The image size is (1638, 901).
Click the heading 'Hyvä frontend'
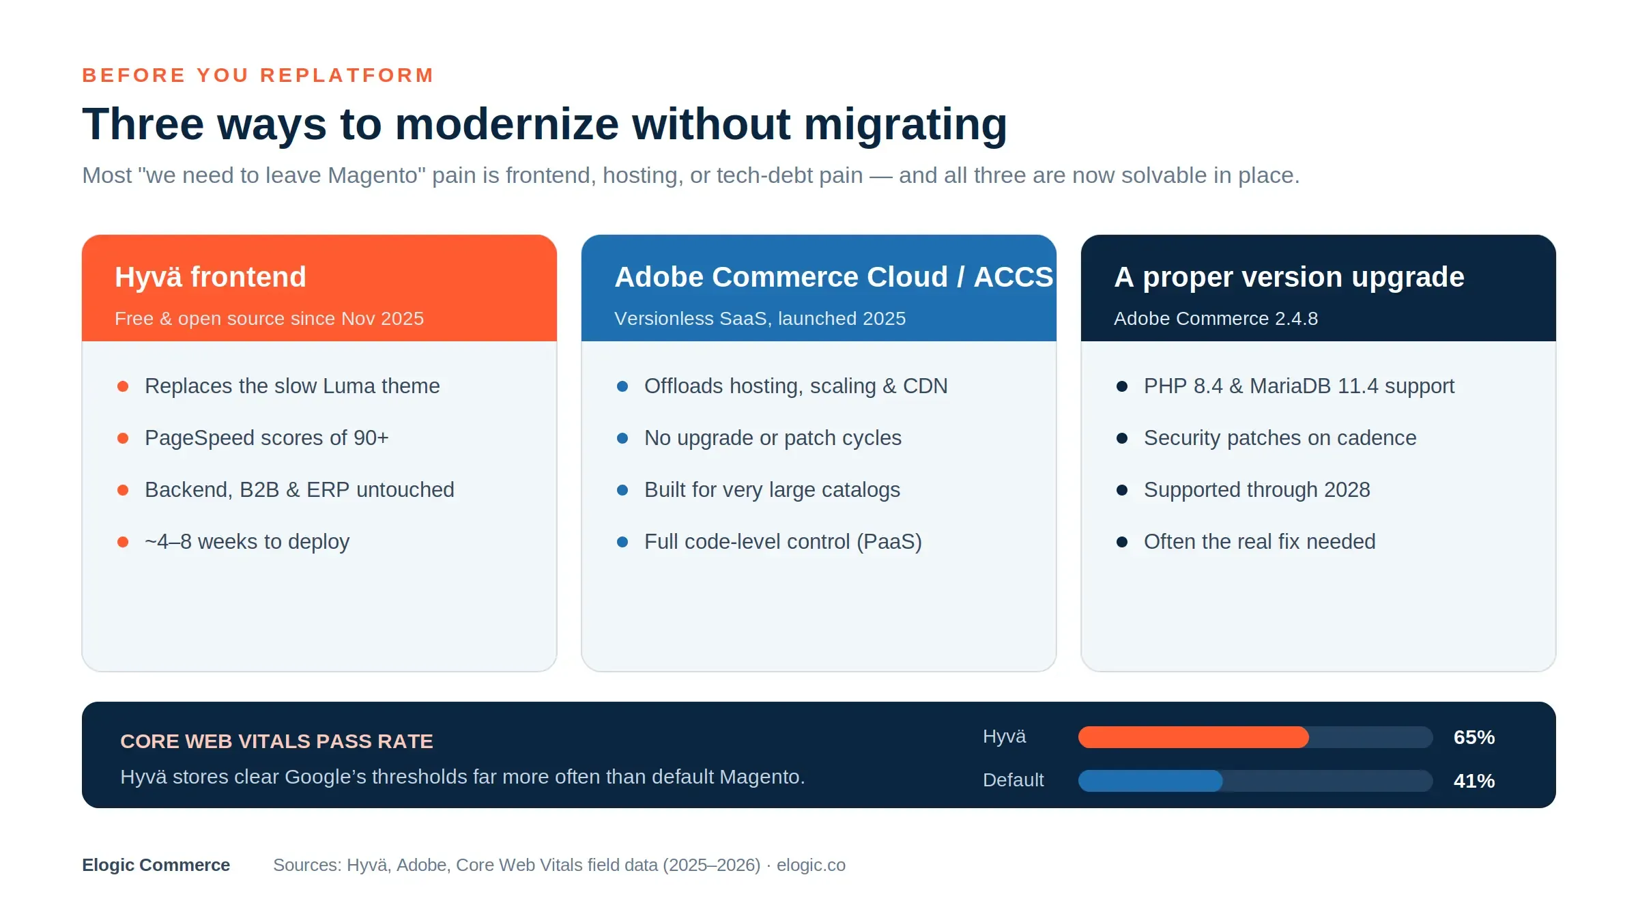pyautogui.click(x=210, y=277)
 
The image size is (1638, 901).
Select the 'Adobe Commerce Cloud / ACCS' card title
pyautogui.click(x=834, y=277)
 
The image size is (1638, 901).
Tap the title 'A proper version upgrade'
pyautogui.click(x=1289, y=277)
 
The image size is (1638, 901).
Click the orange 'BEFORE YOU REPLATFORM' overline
pyautogui.click(x=258, y=75)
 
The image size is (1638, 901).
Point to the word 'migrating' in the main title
pyautogui.click(x=905, y=125)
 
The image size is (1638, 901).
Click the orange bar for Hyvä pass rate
pyautogui.click(x=1194, y=737)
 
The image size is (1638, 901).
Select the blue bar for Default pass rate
pyautogui.click(x=1151, y=781)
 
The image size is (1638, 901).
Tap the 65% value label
pyautogui.click(x=1474, y=737)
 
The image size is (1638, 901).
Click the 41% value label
pyautogui.click(x=1474, y=781)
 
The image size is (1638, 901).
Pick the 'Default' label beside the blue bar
pyautogui.click(x=1014, y=780)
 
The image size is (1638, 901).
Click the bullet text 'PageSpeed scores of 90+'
pyautogui.click(x=267, y=438)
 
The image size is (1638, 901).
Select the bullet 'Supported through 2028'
pyautogui.click(x=1257, y=490)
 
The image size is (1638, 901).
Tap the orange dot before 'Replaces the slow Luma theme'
pyautogui.click(x=123, y=386)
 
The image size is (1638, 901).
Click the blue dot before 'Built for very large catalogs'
pyautogui.click(x=622, y=490)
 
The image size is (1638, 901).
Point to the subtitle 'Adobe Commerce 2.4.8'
pyautogui.click(x=1216, y=319)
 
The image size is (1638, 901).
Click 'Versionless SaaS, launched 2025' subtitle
pyautogui.click(x=760, y=319)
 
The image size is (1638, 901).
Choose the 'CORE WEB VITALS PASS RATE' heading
pyautogui.click(x=276, y=741)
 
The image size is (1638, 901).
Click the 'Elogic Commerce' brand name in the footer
pyautogui.click(x=156, y=865)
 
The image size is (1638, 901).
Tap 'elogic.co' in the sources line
pyautogui.click(x=811, y=865)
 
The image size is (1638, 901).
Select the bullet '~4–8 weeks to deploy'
pyautogui.click(x=247, y=542)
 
